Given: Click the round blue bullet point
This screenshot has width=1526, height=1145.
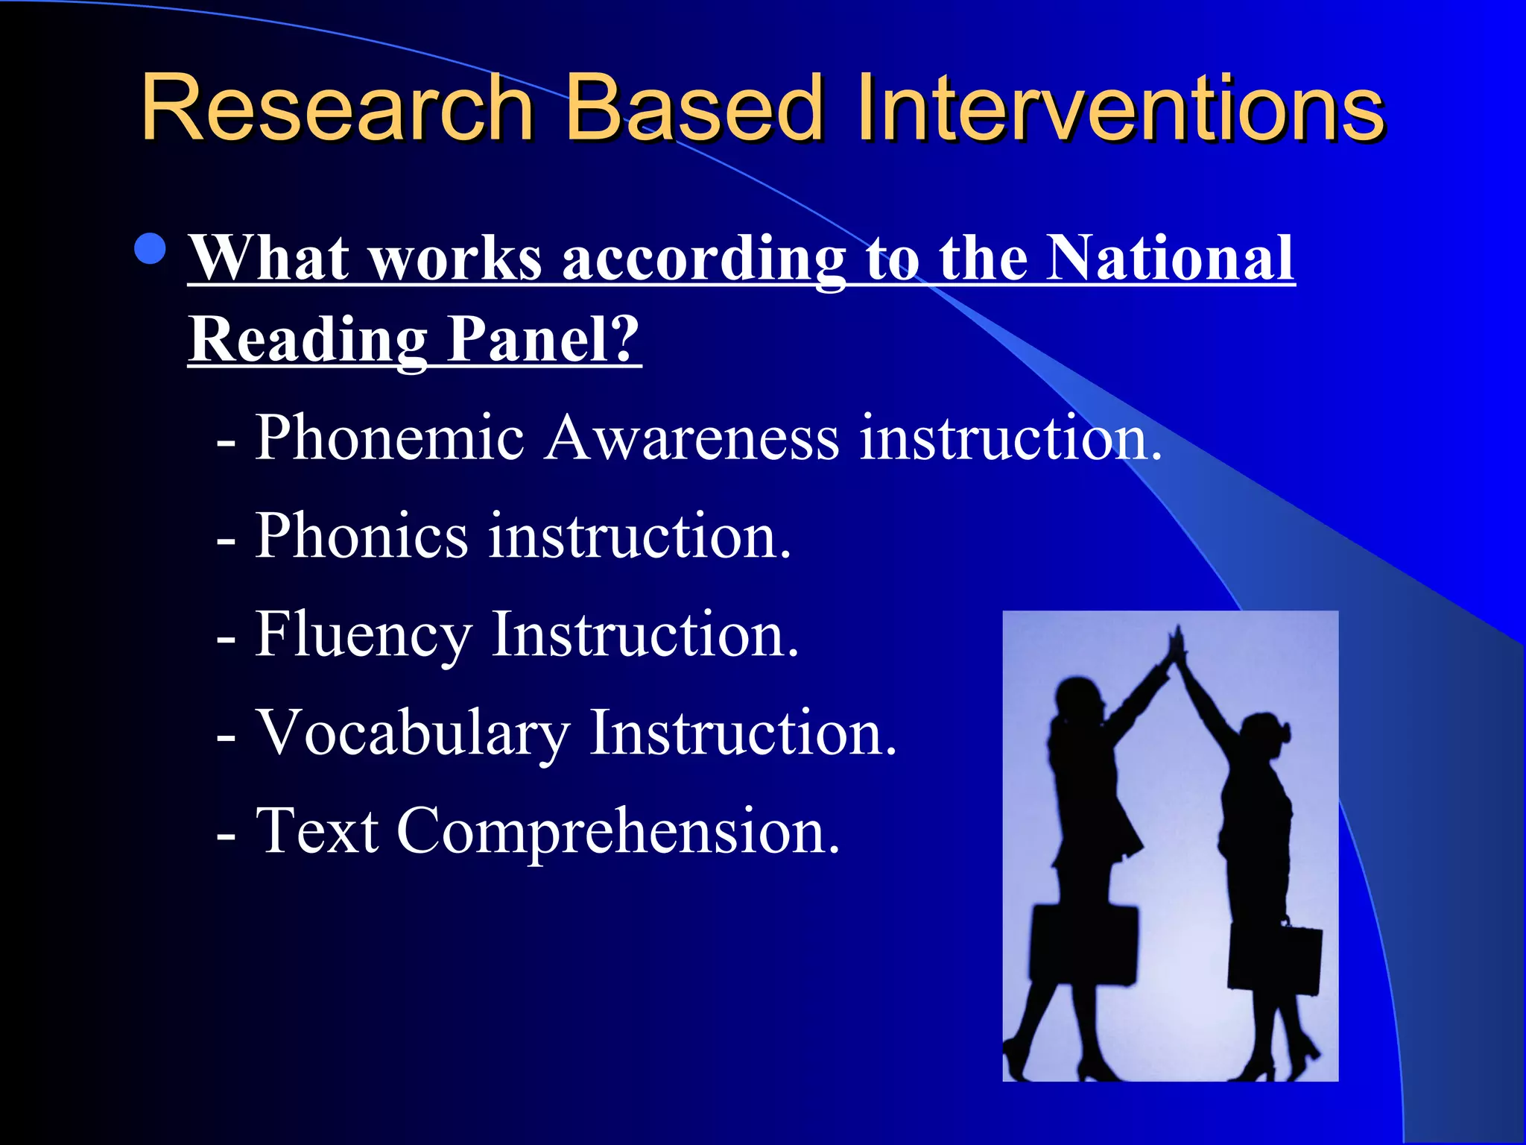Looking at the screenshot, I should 151,249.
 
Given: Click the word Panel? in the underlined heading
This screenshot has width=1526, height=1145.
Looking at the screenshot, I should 543,339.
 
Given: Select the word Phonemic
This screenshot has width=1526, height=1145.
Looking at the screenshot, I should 390,438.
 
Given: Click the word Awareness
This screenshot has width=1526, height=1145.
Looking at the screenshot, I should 692,438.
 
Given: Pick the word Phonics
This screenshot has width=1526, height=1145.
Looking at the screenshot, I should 361,536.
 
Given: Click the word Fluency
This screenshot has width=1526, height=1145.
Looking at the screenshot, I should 363,636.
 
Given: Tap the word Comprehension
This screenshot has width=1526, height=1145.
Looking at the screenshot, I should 618,832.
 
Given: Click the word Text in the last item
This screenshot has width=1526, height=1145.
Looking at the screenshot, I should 317,830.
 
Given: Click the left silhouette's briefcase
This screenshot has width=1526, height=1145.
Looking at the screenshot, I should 1084,943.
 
